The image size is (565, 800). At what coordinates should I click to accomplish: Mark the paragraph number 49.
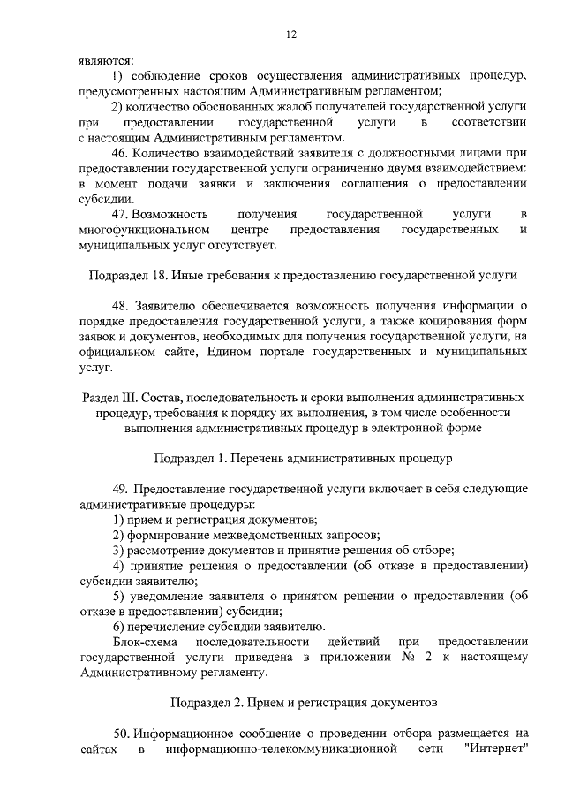tap(119, 490)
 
